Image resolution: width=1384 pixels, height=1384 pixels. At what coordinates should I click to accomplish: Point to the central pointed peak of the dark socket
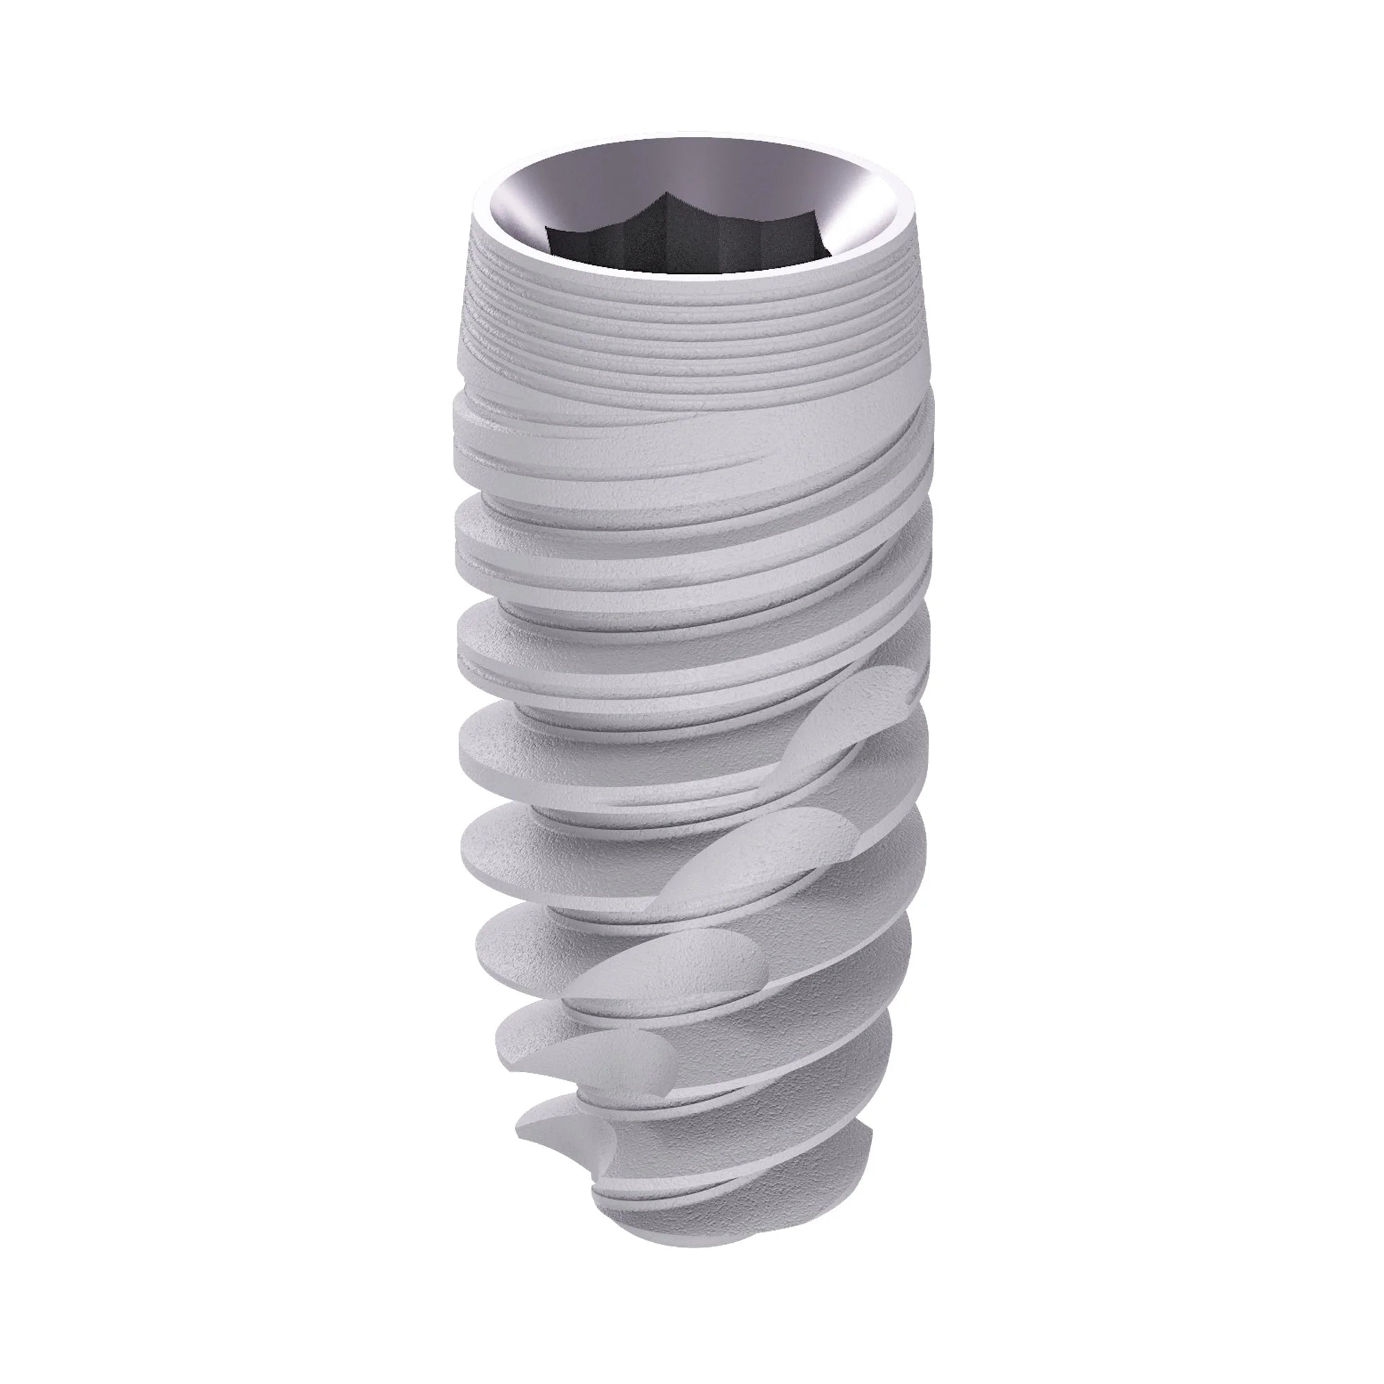click(x=668, y=195)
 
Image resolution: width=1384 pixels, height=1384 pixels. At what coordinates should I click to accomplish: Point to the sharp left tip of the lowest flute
click(x=517, y=1152)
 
